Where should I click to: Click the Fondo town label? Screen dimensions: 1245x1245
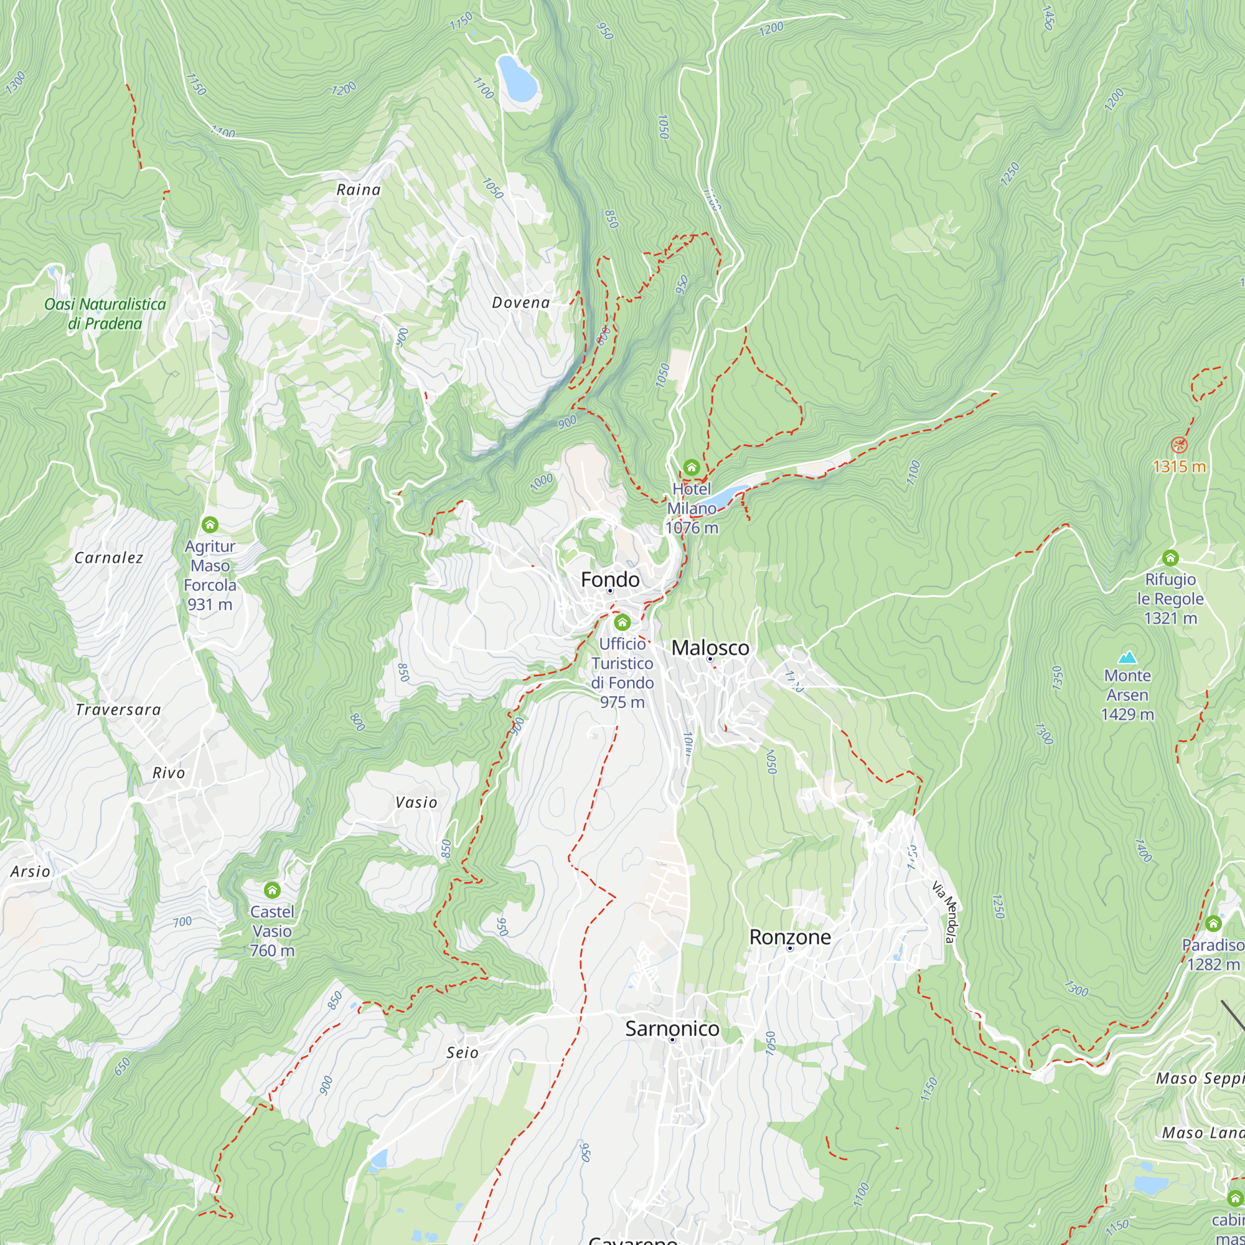[609, 580]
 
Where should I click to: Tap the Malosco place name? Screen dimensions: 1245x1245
[710, 647]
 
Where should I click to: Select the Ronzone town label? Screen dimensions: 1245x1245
[789, 937]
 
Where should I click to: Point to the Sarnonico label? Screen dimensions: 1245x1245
[672, 1028]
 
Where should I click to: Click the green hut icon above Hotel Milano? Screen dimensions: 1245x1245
[692, 467]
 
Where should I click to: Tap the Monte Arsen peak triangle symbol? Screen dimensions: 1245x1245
[1127, 657]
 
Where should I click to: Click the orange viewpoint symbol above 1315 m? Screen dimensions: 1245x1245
[1178, 444]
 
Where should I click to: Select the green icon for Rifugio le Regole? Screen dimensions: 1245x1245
[1170, 558]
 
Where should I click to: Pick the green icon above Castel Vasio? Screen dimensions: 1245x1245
[272, 891]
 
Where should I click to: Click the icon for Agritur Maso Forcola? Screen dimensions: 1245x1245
[209, 525]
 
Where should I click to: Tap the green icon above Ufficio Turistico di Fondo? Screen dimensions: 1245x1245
[622, 622]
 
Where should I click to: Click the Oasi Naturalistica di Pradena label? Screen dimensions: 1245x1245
[105, 314]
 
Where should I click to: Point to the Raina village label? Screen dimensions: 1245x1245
[359, 189]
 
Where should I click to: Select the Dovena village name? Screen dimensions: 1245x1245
[520, 303]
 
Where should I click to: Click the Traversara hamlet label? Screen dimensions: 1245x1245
[118, 710]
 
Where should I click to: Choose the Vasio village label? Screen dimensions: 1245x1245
[416, 802]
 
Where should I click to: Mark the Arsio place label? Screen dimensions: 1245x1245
[31, 872]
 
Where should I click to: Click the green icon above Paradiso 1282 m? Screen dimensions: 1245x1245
[1213, 923]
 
